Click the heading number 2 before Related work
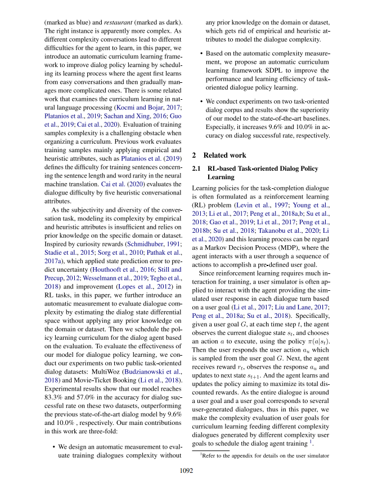pos(194,154)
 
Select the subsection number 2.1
pos(197,169)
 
